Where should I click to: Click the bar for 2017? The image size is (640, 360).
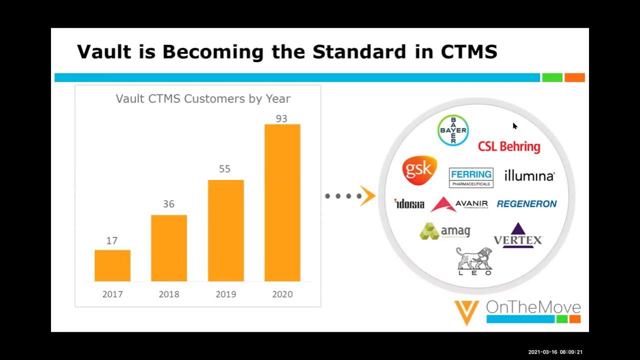coord(112,265)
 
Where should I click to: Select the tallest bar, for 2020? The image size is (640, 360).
coord(282,202)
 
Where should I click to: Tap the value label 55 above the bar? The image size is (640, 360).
coord(225,169)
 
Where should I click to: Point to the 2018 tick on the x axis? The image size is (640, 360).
coord(169,294)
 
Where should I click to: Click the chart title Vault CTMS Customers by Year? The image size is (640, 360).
coord(203,98)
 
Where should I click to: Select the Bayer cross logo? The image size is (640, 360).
coord(453,130)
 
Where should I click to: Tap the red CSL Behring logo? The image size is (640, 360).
coord(509,146)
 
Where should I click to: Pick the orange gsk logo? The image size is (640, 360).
coord(419,170)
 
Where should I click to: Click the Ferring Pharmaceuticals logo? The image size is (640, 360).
coord(471,177)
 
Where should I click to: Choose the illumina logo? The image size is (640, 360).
coord(529,176)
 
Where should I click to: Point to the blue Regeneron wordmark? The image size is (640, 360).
coord(526,204)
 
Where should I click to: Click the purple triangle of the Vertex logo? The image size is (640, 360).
coord(518,229)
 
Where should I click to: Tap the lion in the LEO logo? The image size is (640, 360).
coord(473,258)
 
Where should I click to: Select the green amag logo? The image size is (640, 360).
coord(444,231)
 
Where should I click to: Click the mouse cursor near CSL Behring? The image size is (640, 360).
coord(514,125)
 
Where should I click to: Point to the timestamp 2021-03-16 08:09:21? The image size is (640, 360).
coord(555,352)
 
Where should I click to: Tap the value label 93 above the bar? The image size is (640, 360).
coord(281,119)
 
